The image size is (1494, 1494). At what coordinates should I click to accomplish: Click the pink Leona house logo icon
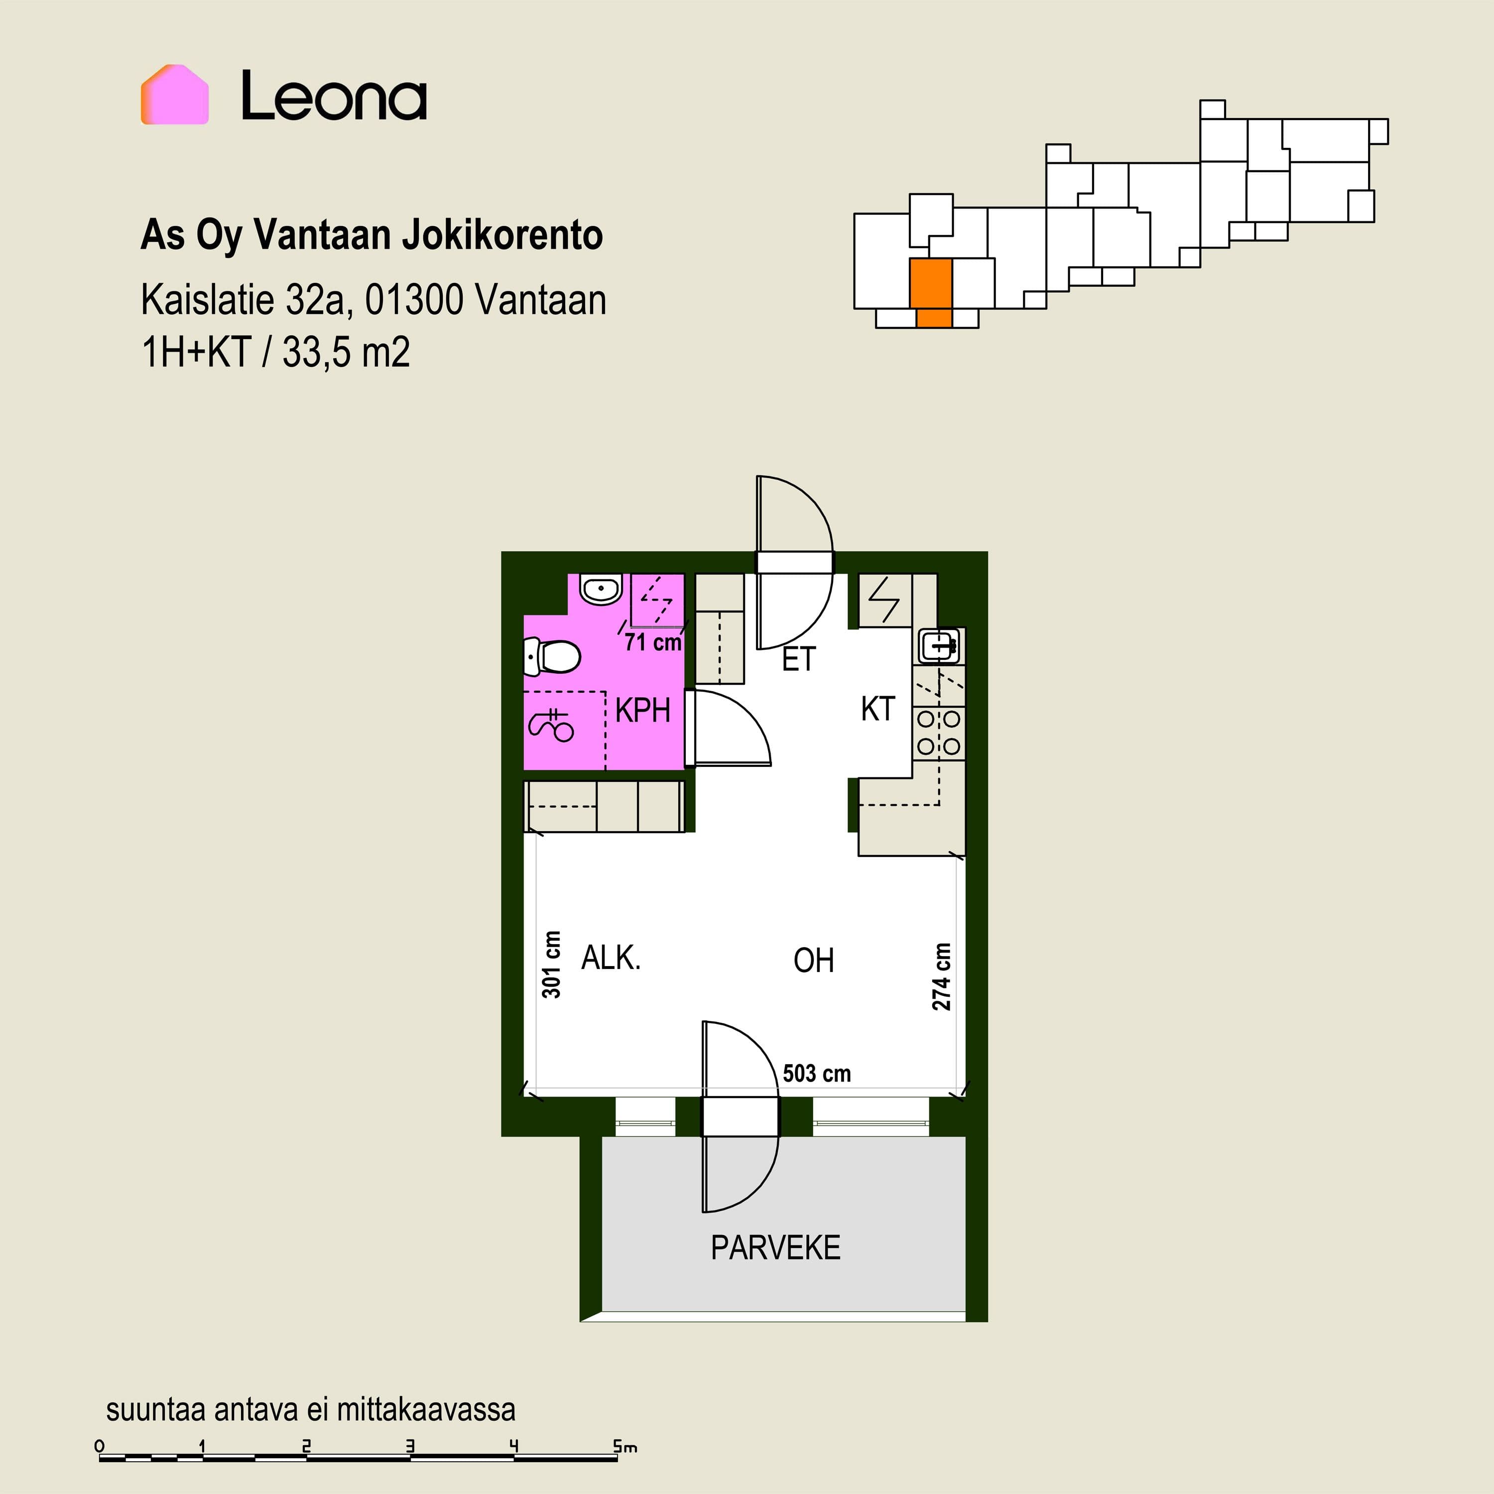175,94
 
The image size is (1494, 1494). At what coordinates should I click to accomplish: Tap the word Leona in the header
334,96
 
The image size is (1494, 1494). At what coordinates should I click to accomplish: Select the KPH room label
642,710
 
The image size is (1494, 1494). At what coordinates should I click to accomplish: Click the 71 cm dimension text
653,642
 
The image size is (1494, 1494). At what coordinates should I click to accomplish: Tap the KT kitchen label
877,709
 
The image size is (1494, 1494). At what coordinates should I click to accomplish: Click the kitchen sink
940,645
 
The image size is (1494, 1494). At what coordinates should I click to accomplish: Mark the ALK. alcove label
611,958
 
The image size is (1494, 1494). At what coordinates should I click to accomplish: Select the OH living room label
814,961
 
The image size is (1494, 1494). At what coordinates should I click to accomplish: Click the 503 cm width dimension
817,1073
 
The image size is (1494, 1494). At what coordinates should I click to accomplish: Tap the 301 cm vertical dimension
551,964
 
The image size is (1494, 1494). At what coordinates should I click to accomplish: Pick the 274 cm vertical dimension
941,977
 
